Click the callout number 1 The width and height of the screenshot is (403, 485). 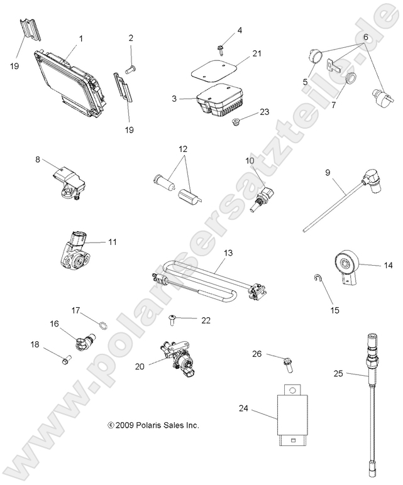click(80, 39)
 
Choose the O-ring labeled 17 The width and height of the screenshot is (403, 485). click(99, 325)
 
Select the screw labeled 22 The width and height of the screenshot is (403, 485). click(173, 321)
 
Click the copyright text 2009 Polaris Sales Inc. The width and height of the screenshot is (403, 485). click(153, 425)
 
